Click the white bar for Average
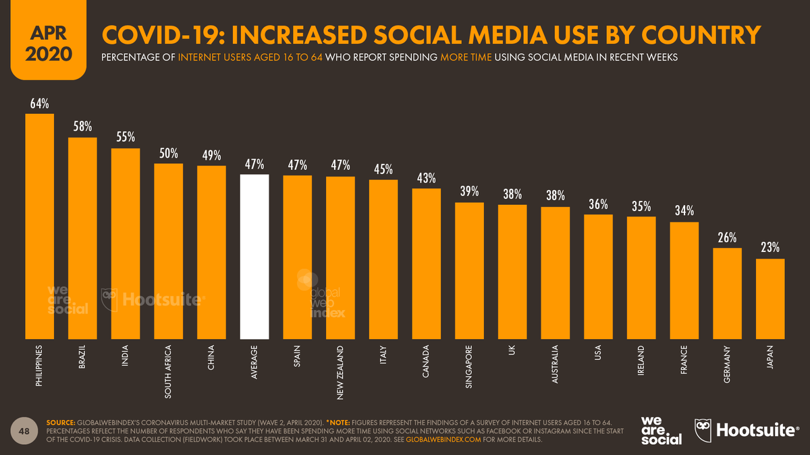coord(254,256)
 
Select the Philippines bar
coord(39,226)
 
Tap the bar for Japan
coord(770,298)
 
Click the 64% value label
coord(39,104)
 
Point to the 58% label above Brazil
coord(82,127)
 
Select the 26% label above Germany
coord(727,238)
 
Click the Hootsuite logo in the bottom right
coord(746,430)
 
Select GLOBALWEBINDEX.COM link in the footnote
coord(443,439)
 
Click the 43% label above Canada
coord(426,178)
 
